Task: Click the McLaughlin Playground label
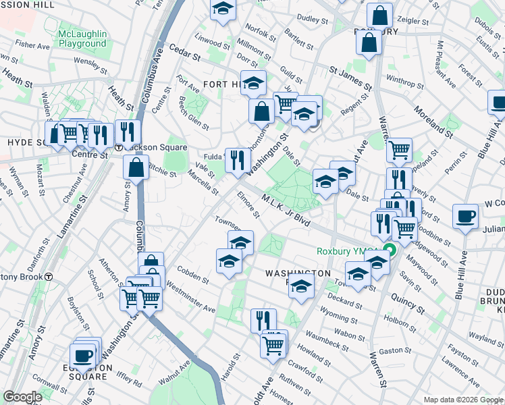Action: (82, 38)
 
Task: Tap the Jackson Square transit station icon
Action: (119, 147)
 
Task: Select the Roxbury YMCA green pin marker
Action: (389, 252)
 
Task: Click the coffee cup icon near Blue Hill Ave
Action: (465, 217)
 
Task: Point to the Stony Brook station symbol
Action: (49, 276)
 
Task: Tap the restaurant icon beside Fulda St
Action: (236, 160)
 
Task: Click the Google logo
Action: (23, 397)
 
